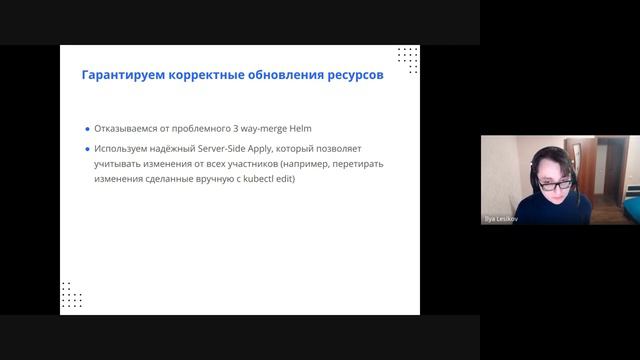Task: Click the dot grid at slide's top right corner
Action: point(407,57)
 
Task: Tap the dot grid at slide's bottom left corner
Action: point(71,295)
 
